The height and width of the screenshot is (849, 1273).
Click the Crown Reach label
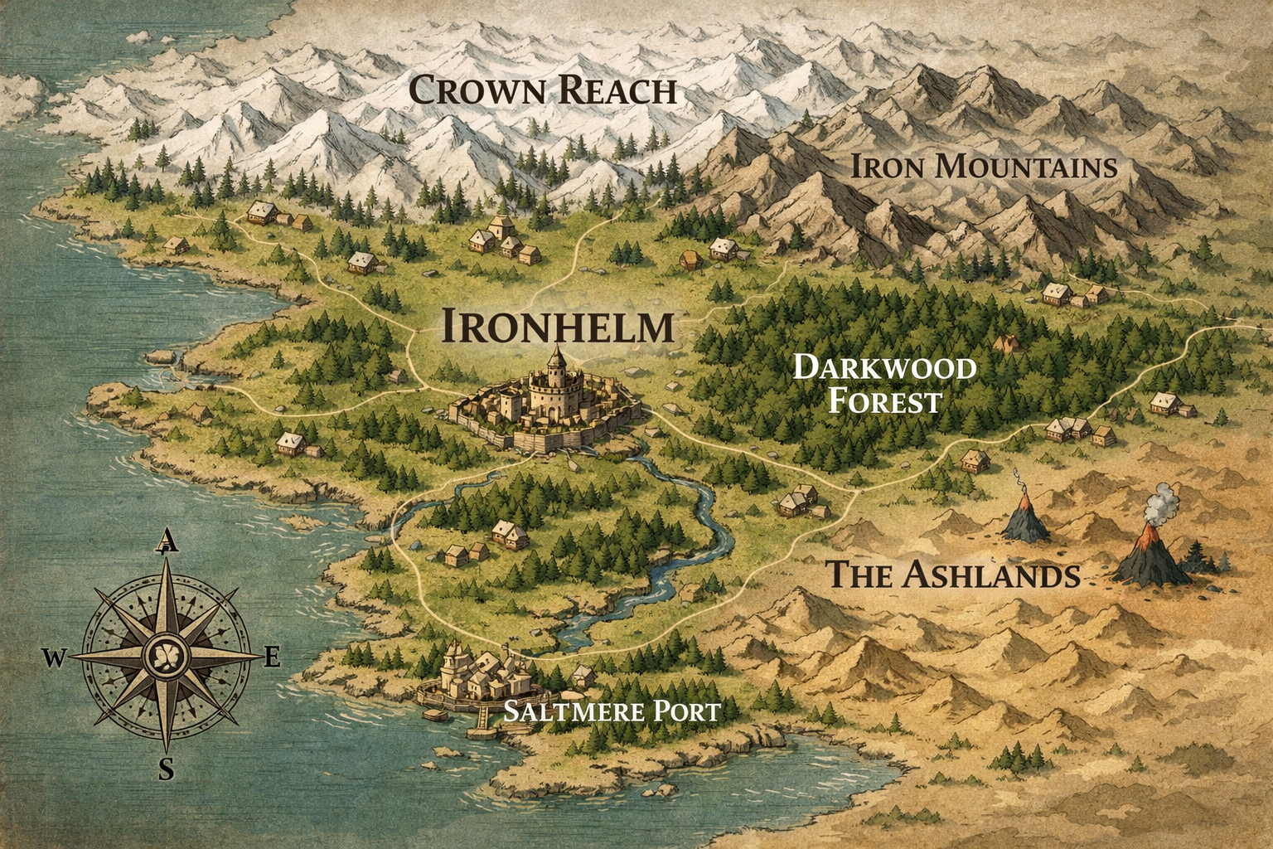click(x=543, y=90)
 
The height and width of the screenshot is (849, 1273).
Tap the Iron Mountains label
click(x=985, y=167)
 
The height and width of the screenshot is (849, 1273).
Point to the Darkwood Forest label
click(x=884, y=384)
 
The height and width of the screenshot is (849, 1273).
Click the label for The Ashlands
click(x=953, y=574)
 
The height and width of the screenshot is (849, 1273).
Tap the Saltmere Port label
click(x=612, y=711)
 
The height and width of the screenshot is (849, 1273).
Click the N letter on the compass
click(x=167, y=541)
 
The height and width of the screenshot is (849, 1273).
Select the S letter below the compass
click(x=167, y=769)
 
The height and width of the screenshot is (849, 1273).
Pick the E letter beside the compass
click(x=272, y=659)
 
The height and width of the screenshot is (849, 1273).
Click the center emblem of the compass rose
click(x=167, y=655)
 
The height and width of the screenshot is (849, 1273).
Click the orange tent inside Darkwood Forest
click(x=1007, y=342)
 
